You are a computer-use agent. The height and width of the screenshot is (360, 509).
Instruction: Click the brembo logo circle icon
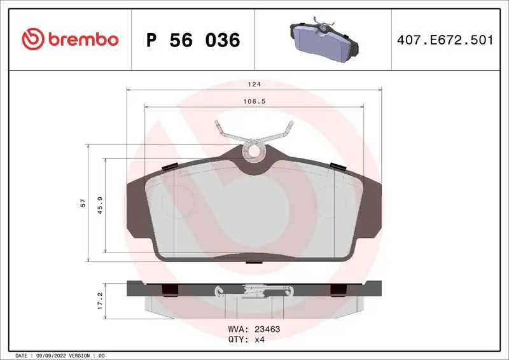[31, 39]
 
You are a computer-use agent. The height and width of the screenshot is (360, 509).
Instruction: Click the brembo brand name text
[81, 39]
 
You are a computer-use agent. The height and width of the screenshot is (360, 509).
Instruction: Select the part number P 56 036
[193, 40]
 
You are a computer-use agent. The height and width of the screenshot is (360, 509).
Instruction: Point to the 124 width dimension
[254, 83]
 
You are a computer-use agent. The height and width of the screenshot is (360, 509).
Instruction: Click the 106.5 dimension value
[254, 100]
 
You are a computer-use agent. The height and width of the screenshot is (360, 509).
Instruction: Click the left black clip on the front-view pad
[171, 167]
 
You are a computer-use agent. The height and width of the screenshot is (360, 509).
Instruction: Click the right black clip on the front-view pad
[338, 167]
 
